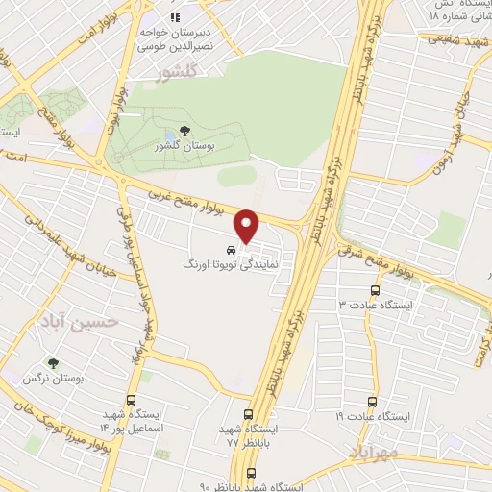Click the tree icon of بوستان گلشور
pos(184,132)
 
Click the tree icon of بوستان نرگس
pos(53,364)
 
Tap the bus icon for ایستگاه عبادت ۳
pos(375,289)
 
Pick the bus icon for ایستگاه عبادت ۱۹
pos(373,403)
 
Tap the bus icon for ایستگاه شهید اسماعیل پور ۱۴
pos(131,401)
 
